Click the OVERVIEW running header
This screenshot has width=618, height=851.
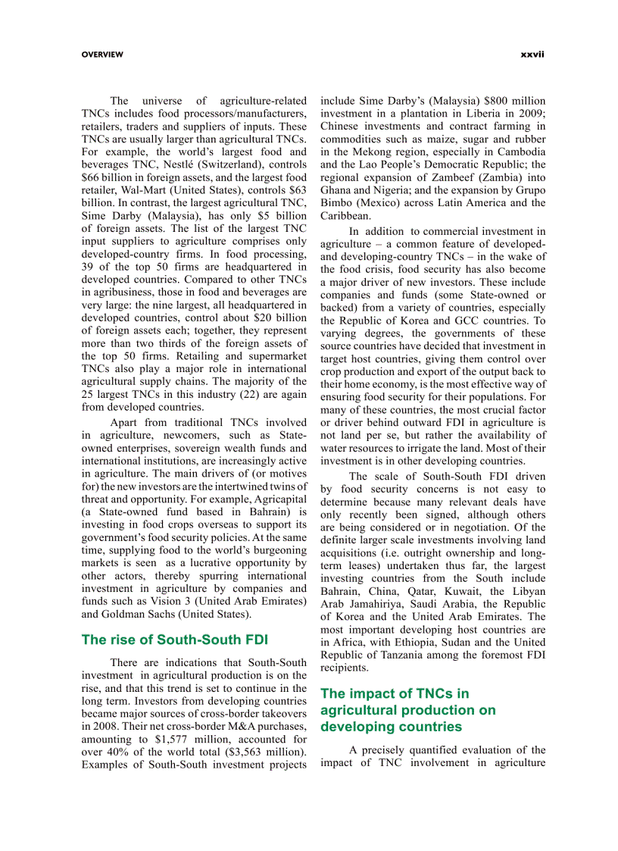click(102, 55)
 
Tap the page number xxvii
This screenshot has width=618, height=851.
click(532, 55)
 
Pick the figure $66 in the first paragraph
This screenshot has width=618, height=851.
click(92, 177)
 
